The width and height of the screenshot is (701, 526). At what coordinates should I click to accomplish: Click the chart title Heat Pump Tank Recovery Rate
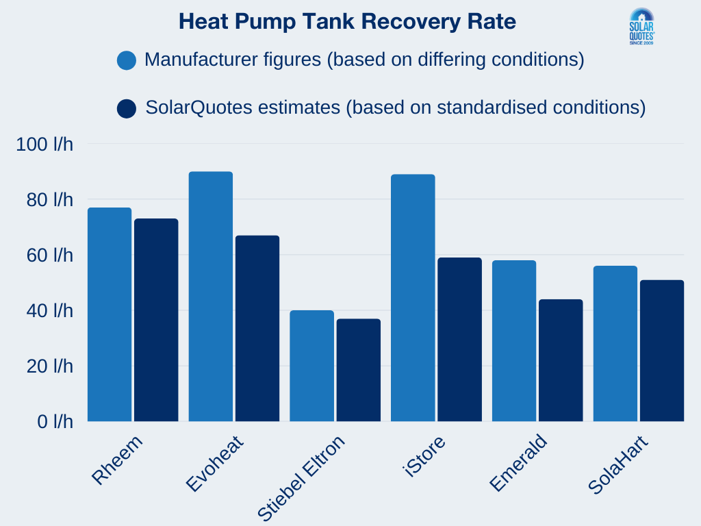347,21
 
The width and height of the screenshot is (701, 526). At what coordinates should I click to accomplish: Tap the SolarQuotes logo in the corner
641,27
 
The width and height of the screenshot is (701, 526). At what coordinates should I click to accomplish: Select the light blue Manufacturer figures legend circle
127,60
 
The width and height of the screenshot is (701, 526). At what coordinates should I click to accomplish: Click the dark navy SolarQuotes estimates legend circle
127,108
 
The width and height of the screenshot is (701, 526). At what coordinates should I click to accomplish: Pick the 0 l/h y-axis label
55,422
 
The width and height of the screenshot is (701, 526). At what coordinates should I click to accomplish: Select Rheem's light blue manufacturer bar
110,314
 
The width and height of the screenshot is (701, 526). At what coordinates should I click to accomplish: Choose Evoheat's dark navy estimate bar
257,328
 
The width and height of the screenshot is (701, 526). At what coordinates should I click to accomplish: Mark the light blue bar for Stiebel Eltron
311,366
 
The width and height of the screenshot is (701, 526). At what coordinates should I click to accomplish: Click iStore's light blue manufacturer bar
413,298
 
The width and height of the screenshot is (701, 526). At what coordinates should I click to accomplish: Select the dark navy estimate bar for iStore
459,339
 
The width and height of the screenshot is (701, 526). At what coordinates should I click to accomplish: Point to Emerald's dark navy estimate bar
561,360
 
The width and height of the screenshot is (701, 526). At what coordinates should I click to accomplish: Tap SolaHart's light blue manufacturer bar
615,343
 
